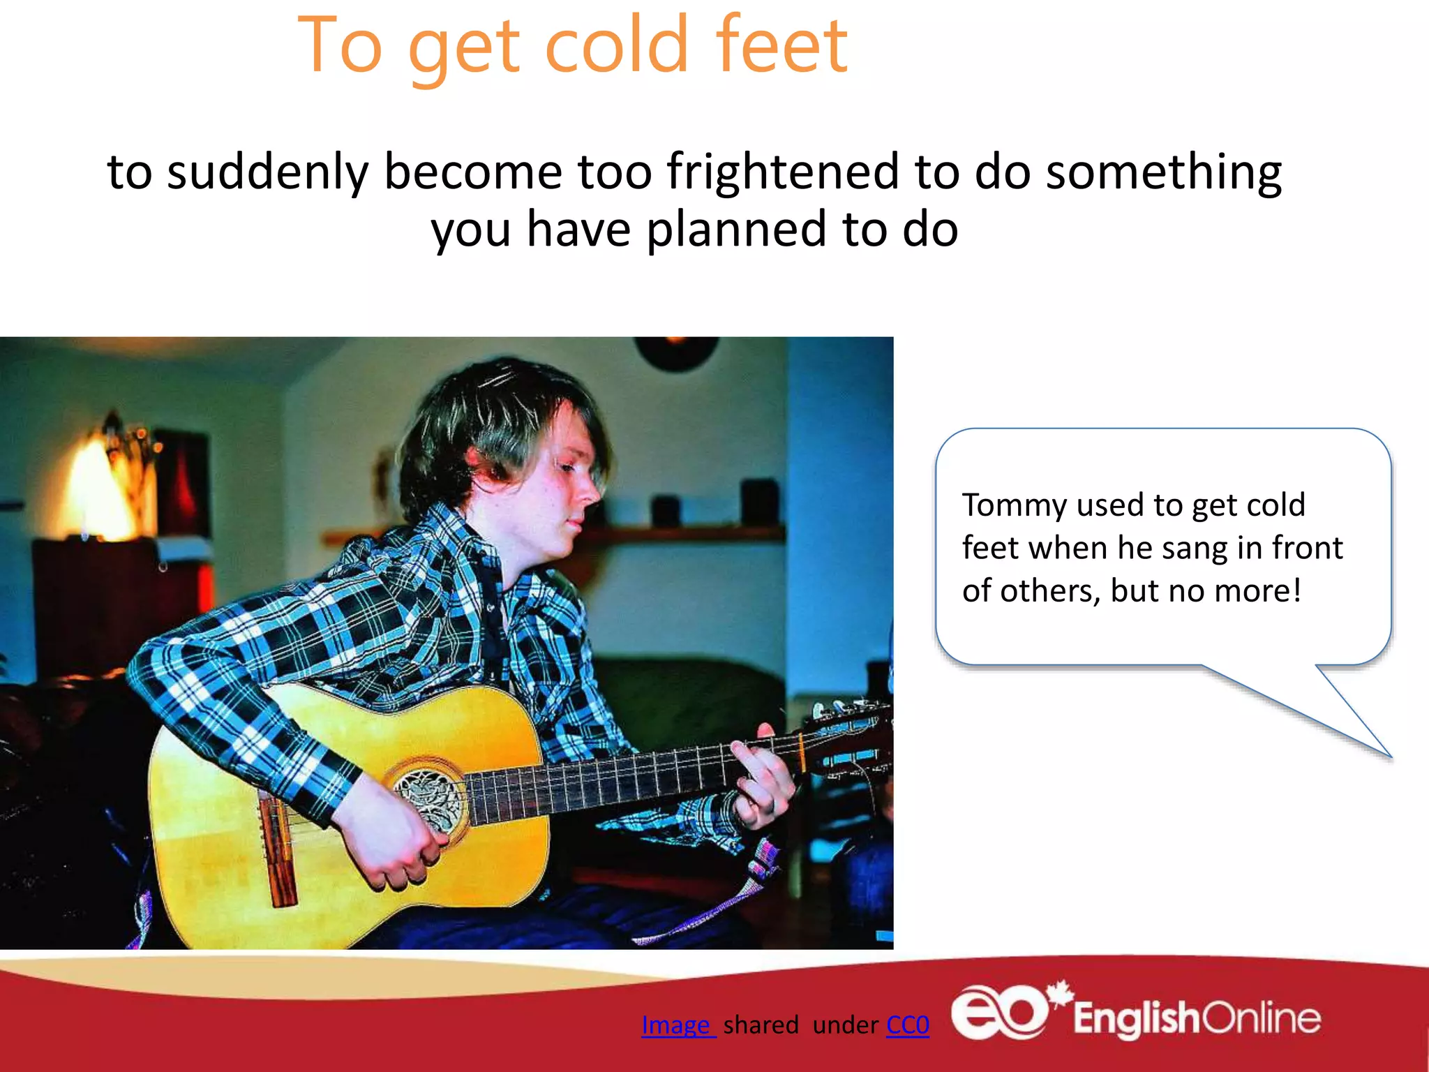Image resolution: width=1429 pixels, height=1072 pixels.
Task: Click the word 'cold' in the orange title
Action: pyautogui.click(x=617, y=45)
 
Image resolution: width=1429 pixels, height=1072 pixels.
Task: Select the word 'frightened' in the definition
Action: pyautogui.click(x=782, y=172)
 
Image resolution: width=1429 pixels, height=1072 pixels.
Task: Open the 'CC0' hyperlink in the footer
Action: pyautogui.click(x=907, y=1025)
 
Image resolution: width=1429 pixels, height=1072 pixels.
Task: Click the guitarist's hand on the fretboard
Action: pyautogui.click(x=764, y=775)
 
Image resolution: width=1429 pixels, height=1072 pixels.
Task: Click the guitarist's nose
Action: pyautogui.click(x=590, y=489)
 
